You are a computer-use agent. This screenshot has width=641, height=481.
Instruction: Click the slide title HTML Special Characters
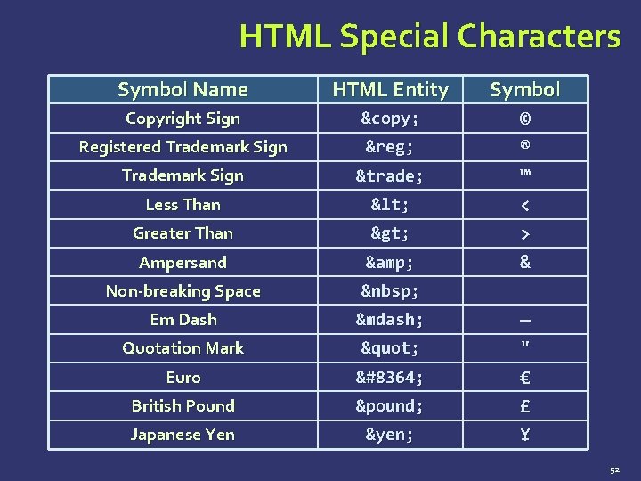[429, 37]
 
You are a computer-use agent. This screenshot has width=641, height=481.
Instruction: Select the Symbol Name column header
[183, 89]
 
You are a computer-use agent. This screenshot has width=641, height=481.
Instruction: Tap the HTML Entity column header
[390, 89]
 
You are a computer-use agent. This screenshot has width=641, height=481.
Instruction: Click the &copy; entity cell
[390, 118]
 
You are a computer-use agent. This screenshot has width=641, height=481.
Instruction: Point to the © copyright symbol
[525, 118]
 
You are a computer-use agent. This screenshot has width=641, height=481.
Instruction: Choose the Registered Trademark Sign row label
[183, 147]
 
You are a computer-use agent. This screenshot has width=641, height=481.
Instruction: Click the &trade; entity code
[390, 176]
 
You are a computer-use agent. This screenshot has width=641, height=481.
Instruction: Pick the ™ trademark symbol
[525, 174]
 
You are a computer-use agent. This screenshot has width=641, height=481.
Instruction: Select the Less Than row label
[183, 205]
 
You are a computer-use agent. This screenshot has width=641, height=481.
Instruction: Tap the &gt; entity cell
[390, 233]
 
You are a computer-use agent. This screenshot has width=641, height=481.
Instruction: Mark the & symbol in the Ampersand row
[525, 262]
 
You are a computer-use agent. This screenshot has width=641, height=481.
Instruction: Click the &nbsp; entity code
[390, 291]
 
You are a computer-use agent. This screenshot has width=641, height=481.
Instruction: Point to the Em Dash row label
[183, 319]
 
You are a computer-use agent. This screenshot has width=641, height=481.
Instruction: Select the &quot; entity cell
[390, 348]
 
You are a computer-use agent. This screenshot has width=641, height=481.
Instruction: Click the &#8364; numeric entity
[390, 378]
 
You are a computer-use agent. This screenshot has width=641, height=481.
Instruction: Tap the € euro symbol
[525, 378]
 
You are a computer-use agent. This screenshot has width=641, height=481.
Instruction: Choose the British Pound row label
[183, 406]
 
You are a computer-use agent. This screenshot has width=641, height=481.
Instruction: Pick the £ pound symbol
[525, 406]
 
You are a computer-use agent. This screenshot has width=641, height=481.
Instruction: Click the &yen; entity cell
[390, 435]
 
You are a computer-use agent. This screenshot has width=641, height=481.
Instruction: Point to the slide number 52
[614, 469]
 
